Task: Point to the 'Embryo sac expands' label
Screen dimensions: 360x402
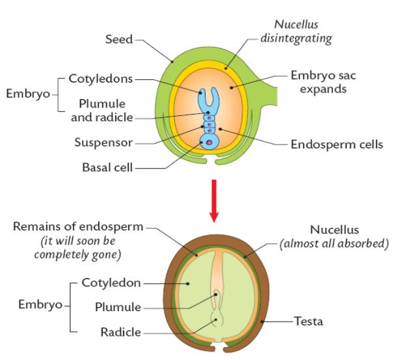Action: pyautogui.click(x=323, y=82)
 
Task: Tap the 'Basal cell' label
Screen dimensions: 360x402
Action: pyautogui.click(x=107, y=167)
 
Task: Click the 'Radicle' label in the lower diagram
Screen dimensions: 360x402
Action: pyautogui.click(x=121, y=333)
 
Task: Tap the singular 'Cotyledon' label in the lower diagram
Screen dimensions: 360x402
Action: pyautogui.click(x=111, y=283)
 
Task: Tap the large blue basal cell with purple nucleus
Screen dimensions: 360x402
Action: pyautogui.click(x=209, y=141)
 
